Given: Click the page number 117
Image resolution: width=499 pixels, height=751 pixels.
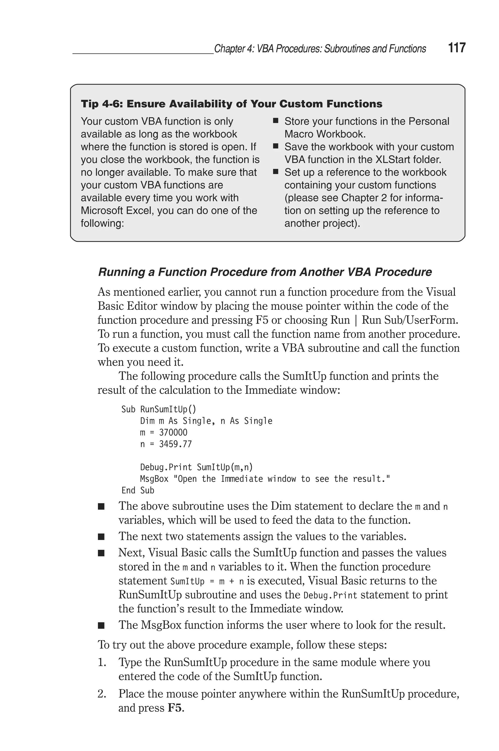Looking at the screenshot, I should [457, 48].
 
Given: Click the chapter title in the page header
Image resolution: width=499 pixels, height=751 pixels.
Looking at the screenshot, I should [320, 49].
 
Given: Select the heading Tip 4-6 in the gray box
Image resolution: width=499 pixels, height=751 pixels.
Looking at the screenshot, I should [231, 104].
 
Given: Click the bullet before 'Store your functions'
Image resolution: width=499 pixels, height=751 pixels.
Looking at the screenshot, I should [276, 121].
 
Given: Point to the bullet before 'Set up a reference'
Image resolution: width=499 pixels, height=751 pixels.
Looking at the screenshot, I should [276, 172].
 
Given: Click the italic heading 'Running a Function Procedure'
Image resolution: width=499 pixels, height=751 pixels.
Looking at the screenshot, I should [265, 272].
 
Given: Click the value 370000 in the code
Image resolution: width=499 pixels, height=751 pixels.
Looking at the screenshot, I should [173, 432].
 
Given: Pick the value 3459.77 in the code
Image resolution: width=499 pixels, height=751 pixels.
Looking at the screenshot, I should [175, 444].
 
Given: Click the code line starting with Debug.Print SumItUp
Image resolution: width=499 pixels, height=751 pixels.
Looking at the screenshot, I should [196, 467].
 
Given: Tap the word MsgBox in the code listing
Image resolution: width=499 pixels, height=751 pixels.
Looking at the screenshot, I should [154, 479].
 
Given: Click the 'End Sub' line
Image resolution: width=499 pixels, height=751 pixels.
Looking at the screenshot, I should [138, 491].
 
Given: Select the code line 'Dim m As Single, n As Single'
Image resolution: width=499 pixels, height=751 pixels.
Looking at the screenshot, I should [206, 421].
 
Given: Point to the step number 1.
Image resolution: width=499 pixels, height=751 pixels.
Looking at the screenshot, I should [102, 662].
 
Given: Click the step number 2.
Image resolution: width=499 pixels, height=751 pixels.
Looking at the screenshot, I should [102, 694].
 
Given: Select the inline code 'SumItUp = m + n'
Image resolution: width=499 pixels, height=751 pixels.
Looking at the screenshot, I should [207, 581].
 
